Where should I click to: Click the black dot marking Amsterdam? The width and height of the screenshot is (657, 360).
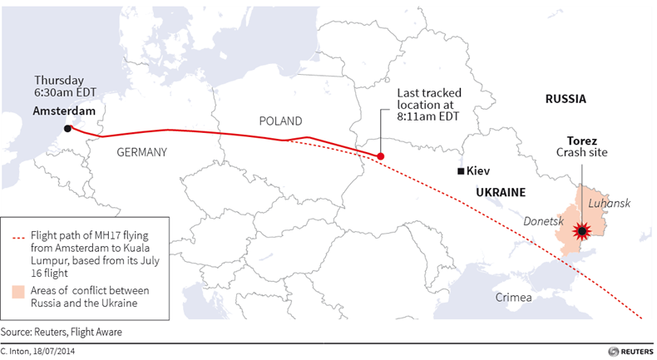point(67,129)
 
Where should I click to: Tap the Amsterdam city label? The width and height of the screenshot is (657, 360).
point(64,111)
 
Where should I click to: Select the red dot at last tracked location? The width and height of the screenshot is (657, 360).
point(380,156)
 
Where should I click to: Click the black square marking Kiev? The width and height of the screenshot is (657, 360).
point(461,171)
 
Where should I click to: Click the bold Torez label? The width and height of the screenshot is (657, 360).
point(582,141)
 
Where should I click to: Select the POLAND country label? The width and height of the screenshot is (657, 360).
point(280,121)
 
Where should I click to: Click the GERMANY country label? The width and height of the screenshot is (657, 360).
point(142,152)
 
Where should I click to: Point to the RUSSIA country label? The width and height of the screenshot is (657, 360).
point(566,99)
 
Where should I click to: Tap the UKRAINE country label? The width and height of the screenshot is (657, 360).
point(501,192)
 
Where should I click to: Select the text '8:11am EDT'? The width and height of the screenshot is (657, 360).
point(429,116)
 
